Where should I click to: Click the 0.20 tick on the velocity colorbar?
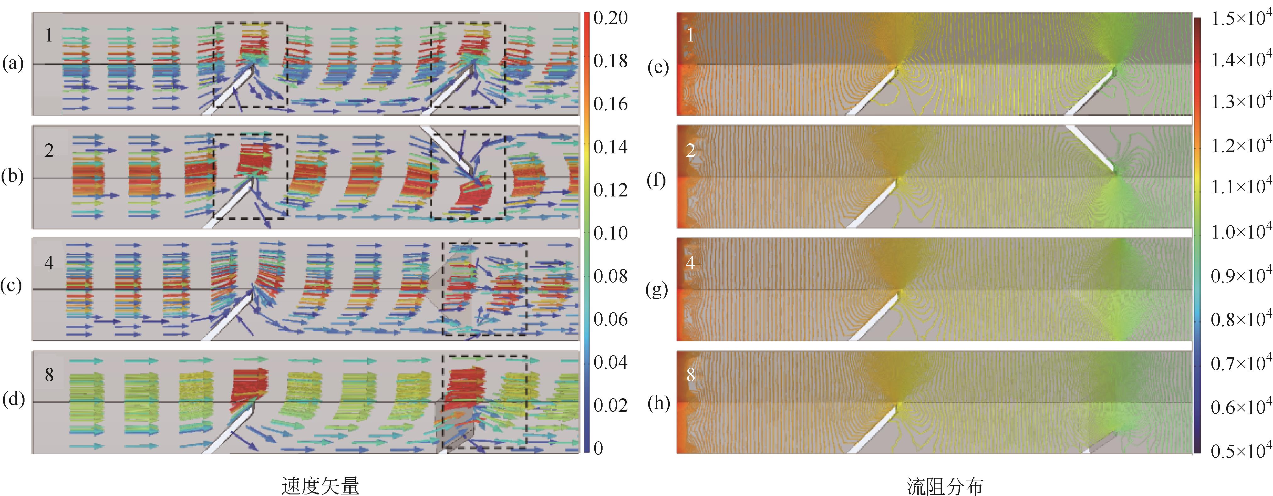click(610, 18)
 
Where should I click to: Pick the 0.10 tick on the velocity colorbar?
click(610, 233)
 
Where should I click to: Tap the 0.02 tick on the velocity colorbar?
click(610, 405)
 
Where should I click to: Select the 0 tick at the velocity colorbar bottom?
click(598, 448)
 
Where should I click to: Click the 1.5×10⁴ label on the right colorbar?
click(1240, 18)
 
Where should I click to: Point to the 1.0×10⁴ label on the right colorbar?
click(1240, 231)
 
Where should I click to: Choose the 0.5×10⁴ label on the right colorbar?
click(1240, 450)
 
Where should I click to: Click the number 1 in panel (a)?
click(48, 35)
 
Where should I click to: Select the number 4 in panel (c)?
click(48, 262)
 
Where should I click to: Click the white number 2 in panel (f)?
click(690, 150)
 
